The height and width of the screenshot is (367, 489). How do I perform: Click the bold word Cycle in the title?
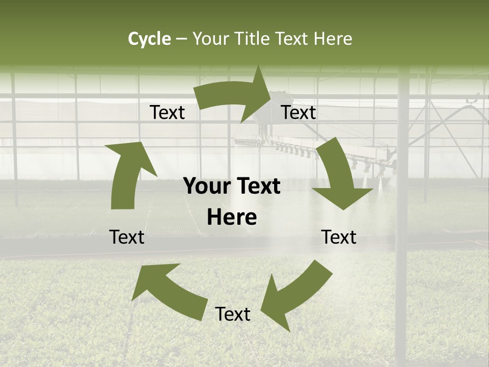[149, 39]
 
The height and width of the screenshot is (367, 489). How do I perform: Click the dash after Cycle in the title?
[181, 39]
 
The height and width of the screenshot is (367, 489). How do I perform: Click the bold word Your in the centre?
[207, 187]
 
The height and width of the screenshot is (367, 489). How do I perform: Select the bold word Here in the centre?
[232, 218]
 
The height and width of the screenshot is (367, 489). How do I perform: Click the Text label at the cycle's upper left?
[167, 113]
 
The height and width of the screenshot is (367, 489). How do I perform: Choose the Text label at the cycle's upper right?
[298, 113]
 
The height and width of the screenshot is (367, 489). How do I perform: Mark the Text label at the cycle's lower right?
[339, 237]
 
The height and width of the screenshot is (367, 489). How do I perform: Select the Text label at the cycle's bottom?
[233, 314]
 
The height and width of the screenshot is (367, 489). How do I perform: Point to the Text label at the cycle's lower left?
[127, 237]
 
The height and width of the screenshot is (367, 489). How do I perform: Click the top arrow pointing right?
[234, 94]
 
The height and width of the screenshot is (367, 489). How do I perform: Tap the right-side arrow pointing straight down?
[339, 176]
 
